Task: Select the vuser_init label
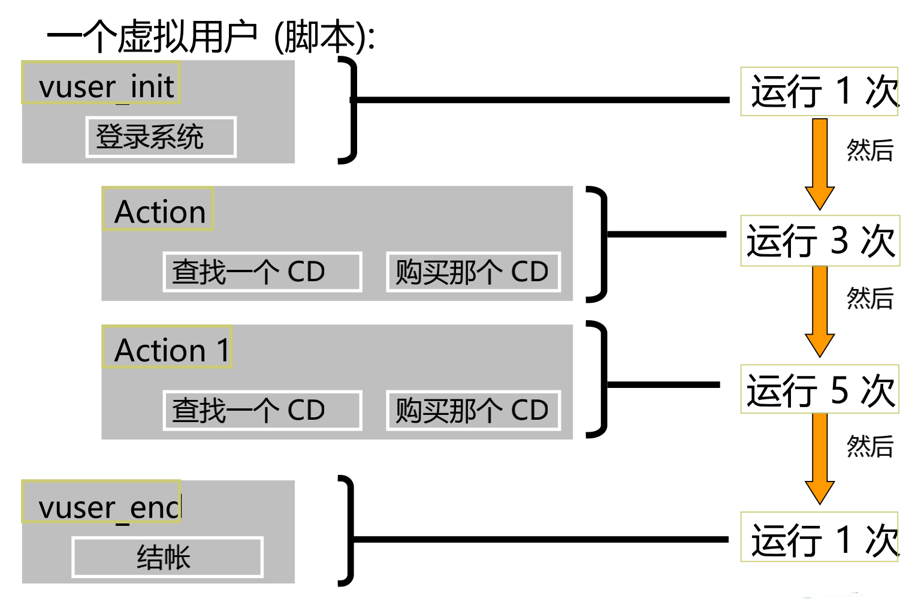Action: tap(101, 83)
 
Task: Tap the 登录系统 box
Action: tap(161, 137)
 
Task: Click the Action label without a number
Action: tap(158, 209)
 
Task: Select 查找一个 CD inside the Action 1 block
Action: tap(262, 411)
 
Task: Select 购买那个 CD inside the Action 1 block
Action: tap(473, 411)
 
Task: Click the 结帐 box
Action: tap(167, 557)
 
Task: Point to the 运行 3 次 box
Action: tap(820, 241)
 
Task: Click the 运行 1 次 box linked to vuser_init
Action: tap(820, 92)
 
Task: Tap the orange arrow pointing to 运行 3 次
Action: tap(820, 162)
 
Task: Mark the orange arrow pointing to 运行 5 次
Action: tap(820, 311)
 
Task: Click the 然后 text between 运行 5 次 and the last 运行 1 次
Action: tap(869, 447)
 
